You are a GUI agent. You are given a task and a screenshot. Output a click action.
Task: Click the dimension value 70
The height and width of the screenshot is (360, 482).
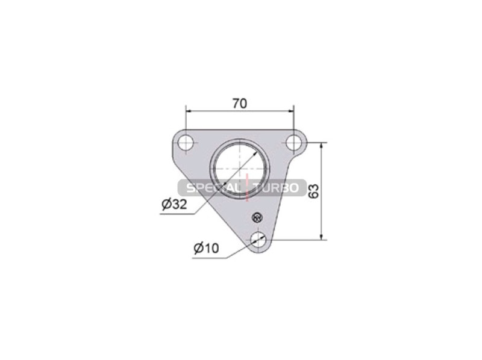point(239,104)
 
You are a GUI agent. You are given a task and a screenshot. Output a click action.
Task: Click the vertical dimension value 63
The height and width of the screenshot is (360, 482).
point(313,191)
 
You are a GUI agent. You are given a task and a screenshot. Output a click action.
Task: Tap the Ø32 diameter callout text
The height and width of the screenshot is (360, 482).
point(174,203)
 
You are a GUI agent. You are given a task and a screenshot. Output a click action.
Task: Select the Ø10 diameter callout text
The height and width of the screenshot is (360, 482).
point(206,248)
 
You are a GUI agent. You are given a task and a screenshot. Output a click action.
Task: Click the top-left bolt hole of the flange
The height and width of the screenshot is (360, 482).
point(186,142)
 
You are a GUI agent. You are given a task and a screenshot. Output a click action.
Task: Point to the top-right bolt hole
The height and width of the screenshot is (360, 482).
point(293,142)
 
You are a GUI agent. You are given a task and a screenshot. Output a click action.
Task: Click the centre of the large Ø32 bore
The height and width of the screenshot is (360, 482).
point(238,169)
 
